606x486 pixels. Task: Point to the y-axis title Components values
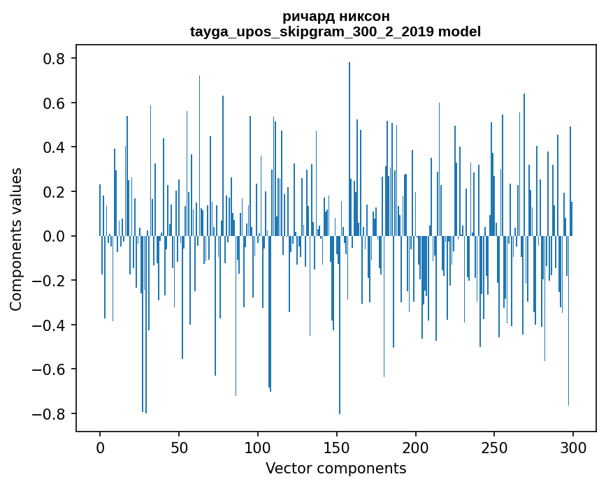16,239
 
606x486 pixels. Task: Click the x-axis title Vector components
336,468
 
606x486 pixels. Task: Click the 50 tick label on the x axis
179,447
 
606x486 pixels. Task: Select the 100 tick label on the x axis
258,447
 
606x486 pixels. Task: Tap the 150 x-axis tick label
337,447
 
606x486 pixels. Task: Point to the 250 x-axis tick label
495,447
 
